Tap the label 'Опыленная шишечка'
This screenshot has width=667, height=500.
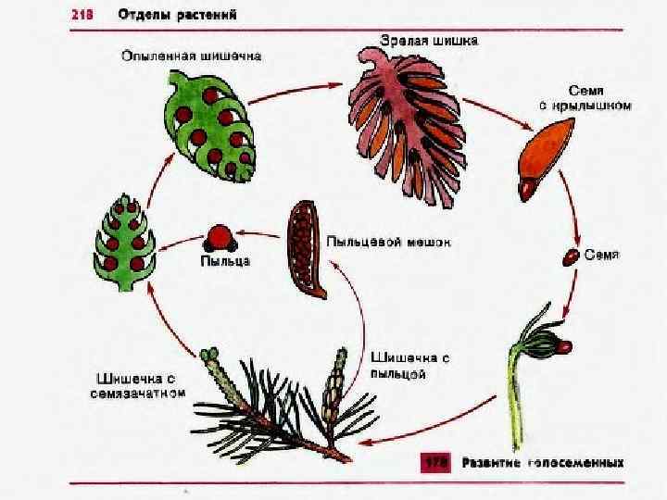tap(192, 56)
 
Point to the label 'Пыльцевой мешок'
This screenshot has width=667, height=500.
tap(388, 243)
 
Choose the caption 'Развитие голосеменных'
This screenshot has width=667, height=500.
tap(543, 461)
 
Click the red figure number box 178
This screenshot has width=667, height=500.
tap(436, 461)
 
